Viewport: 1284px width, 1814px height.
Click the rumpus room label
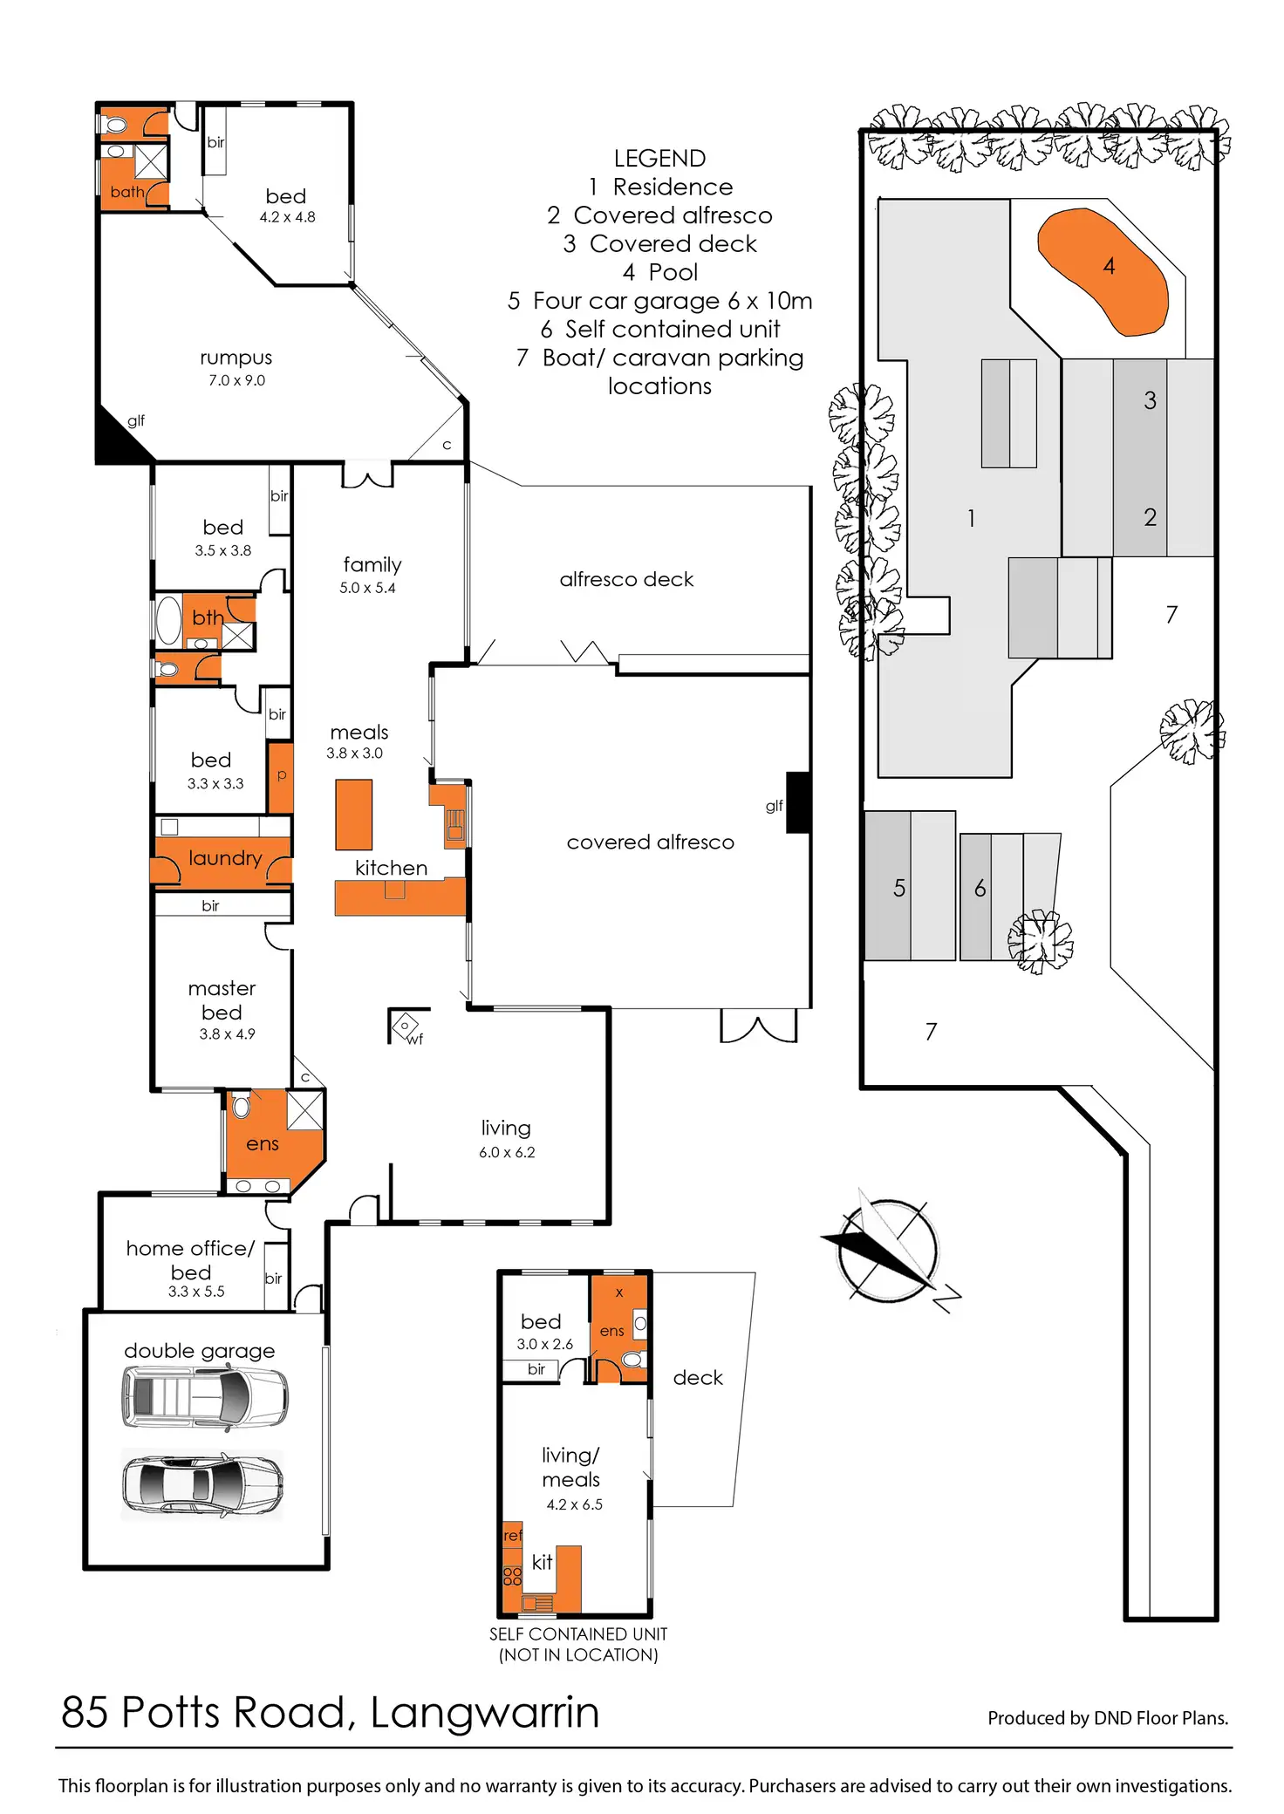236,358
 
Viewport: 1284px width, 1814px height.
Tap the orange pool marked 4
1103,271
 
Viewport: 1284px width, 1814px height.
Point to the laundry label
225,859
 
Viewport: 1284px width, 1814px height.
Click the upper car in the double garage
204,1396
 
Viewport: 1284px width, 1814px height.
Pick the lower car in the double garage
202,1485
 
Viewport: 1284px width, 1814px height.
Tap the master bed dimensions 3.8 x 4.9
227,1034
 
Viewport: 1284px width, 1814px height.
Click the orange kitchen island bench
354,815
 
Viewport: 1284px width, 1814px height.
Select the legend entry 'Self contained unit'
660,329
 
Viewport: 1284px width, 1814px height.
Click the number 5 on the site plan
899,888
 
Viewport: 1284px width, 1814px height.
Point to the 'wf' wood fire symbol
406,1027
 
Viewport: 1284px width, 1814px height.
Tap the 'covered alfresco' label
650,842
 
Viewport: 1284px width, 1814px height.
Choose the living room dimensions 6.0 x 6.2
507,1152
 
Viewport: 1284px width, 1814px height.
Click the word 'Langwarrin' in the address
485,1712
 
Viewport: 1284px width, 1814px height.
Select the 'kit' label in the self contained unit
542,1562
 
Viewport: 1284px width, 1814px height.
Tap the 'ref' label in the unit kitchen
513,1535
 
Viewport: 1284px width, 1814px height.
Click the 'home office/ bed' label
191,1260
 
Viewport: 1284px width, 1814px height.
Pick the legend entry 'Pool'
660,272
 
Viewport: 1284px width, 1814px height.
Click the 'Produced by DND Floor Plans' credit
1108,1718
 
